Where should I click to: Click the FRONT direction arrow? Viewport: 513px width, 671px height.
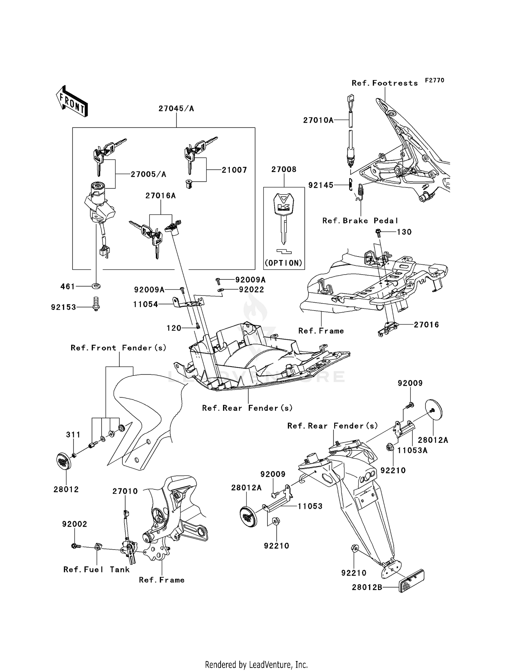pos(72,102)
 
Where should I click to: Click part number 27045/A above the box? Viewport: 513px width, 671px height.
pos(176,109)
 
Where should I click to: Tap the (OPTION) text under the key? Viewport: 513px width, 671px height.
pos(284,263)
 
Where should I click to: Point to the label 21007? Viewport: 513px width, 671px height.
pos(234,170)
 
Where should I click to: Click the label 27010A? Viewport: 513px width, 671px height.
pos(318,120)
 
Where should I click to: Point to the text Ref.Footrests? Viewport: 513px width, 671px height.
pos(385,83)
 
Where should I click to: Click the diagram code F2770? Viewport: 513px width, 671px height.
pos(434,80)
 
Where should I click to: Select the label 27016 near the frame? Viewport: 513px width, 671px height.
pos(426,325)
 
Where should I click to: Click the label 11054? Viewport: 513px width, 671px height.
pos(146,304)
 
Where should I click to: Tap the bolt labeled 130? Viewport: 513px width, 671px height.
pos(379,232)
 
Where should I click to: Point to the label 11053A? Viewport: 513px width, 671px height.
pos(412,450)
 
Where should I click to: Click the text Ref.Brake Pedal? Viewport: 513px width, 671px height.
pos(360,221)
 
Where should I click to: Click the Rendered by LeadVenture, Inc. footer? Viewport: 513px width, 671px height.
pos(256,665)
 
